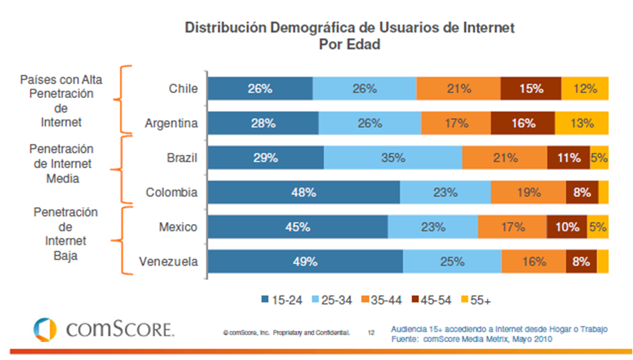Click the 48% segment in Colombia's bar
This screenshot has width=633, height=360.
click(x=304, y=192)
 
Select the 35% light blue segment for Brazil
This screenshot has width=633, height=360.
click(x=392, y=158)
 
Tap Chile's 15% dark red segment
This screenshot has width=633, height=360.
click(x=530, y=89)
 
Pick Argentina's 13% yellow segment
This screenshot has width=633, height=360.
click(x=581, y=123)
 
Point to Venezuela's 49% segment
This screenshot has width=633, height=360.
click(x=305, y=261)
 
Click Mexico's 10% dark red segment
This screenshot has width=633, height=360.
click(x=567, y=227)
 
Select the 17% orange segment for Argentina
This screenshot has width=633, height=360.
click(x=455, y=123)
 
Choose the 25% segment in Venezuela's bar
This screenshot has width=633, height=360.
click(x=452, y=261)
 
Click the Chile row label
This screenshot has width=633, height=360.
click(x=183, y=89)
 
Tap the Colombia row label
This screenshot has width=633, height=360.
click(x=172, y=192)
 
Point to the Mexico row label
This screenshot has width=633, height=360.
click(x=179, y=227)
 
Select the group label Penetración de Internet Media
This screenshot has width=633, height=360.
click(x=62, y=164)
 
